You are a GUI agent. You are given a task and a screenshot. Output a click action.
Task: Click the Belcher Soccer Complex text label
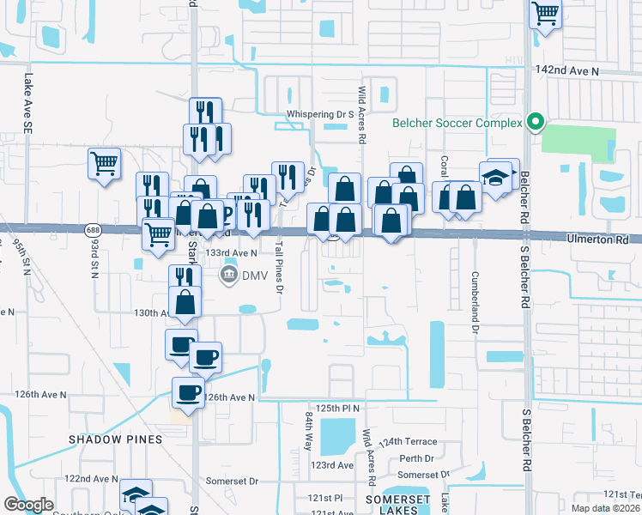tap(457, 123)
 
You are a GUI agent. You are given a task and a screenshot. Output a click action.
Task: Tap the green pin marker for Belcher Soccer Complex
tap(536, 122)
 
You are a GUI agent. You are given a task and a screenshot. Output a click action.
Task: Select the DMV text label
tap(255, 275)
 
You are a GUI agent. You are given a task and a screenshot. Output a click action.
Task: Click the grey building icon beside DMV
tap(229, 275)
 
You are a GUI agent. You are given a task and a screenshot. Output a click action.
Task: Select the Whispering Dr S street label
tap(321, 113)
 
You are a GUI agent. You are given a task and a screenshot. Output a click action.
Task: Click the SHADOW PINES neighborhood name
tap(115, 439)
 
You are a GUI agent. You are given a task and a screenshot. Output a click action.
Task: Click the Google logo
tap(28, 505)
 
